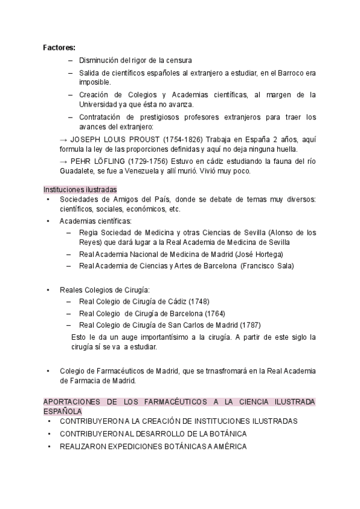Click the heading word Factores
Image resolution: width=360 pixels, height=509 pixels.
pos(59,48)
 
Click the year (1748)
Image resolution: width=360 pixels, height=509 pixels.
pos(199,301)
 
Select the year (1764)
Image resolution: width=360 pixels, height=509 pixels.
pos(215,313)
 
